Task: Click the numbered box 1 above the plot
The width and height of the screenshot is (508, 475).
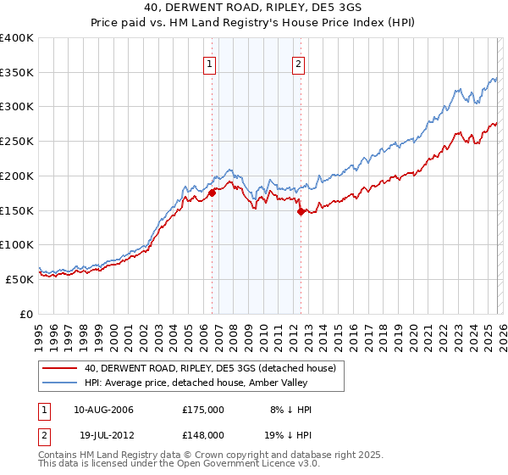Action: coord(209,62)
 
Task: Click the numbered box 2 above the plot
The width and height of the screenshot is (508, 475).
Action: coord(299,62)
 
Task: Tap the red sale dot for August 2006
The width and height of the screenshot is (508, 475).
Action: coord(212,193)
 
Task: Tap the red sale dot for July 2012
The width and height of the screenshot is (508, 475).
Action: coord(301,211)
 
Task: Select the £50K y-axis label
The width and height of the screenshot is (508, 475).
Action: coord(19,279)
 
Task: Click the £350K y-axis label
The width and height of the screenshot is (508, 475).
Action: coord(17,73)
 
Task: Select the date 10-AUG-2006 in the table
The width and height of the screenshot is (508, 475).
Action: coord(103,410)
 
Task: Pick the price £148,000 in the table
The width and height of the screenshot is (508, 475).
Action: coord(203,435)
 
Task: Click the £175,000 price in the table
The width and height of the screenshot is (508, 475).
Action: coord(203,410)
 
